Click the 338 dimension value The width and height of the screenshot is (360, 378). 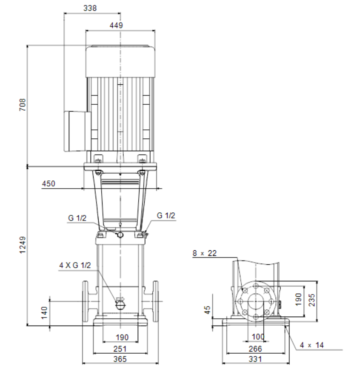[x=90, y=8]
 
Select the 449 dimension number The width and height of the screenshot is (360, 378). [x=116, y=25]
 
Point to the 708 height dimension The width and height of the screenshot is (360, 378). [x=23, y=105]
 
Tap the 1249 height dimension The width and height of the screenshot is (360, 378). [x=23, y=245]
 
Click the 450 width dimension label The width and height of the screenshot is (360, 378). [x=49, y=184]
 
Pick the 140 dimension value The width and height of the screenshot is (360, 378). [x=45, y=313]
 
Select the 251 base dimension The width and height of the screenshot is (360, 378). [x=120, y=349]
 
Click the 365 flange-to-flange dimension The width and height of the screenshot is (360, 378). [x=120, y=359]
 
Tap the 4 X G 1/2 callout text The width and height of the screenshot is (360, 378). [x=75, y=265]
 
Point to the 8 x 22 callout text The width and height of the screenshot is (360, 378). [x=205, y=253]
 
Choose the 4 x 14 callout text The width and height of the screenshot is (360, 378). [x=311, y=345]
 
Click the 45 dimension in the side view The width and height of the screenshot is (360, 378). [x=207, y=310]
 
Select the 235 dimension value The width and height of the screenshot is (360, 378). [x=312, y=300]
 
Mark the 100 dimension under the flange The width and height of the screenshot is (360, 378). [x=258, y=337]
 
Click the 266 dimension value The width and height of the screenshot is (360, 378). [x=255, y=349]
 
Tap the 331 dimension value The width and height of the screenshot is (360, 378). [x=255, y=359]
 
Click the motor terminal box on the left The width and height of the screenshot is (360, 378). [x=77, y=131]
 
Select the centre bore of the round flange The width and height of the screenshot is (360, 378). [x=256, y=301]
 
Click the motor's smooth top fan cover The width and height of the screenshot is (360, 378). [x=120, y=61]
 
